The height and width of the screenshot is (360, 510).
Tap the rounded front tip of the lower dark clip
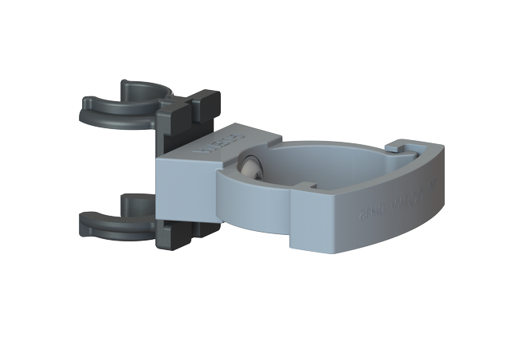[86, 224]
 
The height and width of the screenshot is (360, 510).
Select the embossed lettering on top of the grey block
[206, 144]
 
